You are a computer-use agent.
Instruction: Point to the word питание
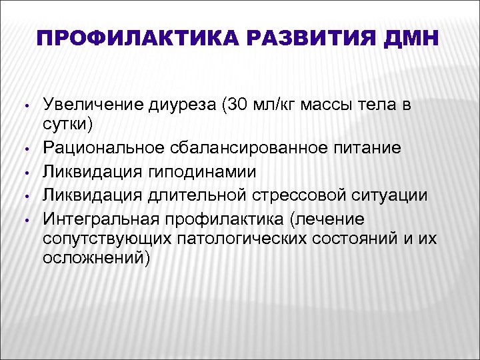tap(369, 147)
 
